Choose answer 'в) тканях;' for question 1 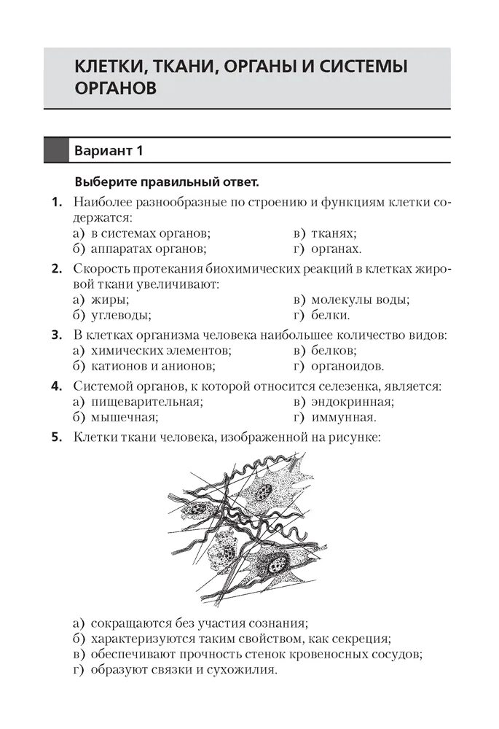pyautogui.click(x=325, y=233)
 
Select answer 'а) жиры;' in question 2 pyautogui.click(x=101, y=300)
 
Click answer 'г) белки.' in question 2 pyautogui.click(x=321, y=316)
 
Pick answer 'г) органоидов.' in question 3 pyautogui.click(x=338, y=367)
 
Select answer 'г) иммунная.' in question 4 pyautogui.click(x=334, y=418)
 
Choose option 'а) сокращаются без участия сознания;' pyautogui.click(x=190, y=623)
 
